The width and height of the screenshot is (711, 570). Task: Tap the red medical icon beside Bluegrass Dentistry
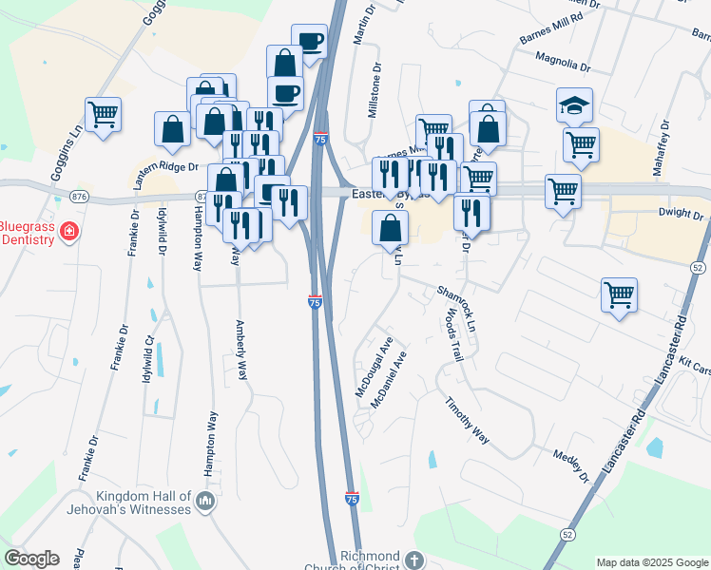[68, 231]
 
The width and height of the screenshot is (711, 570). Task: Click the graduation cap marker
[575, 104]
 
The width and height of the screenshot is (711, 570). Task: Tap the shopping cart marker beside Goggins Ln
[104, 114]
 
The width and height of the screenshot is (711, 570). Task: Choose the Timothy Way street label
[468, 421]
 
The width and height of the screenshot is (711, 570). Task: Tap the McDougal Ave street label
[374, 365]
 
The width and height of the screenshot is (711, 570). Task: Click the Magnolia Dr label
[564, 66]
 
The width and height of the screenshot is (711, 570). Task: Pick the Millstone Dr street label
[374, 91]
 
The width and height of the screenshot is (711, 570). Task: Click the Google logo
[31, 559]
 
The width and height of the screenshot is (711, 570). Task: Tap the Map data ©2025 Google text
[651, 561]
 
